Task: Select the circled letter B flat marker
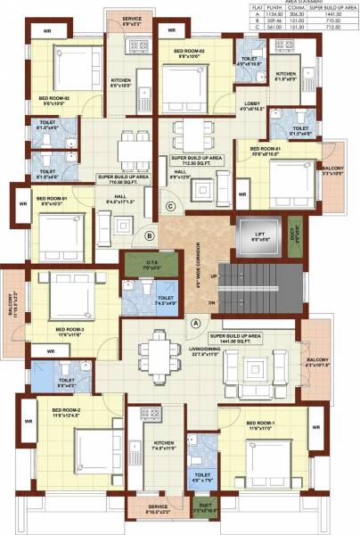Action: [x=150, y=236]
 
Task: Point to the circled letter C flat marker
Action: [x=169, y=206]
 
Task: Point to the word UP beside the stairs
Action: [x=214, y=276]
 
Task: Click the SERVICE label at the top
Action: [x=133, y=18]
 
